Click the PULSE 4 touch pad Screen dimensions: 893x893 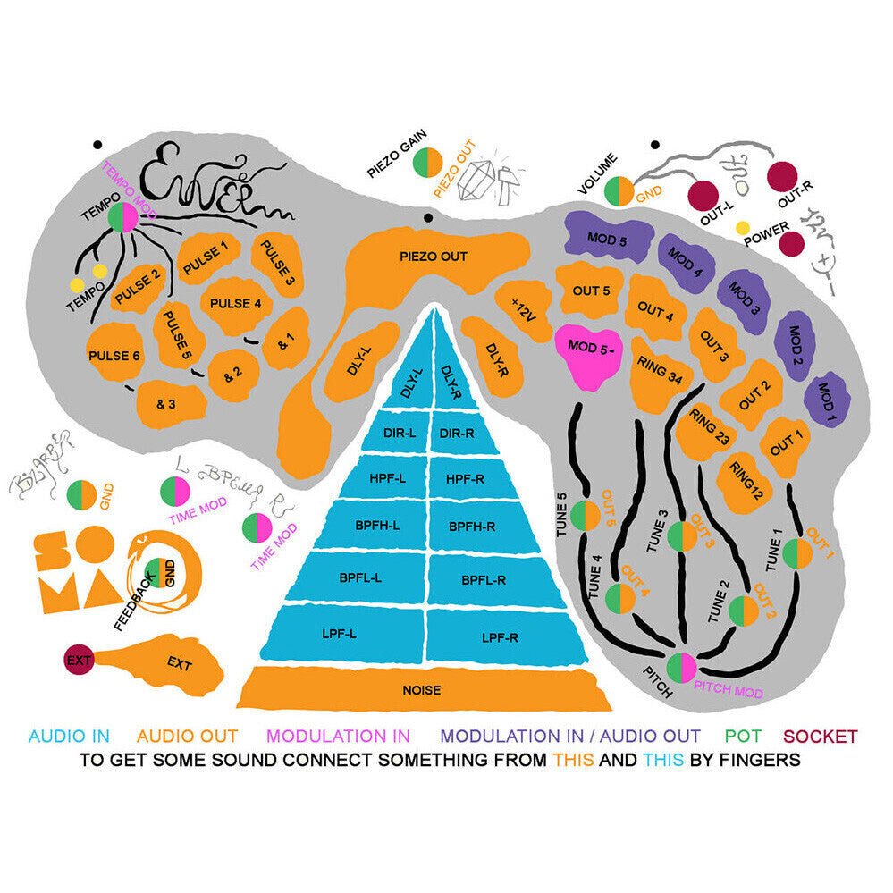[x=236, y=303]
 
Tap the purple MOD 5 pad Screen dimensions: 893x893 [x=607, y=238]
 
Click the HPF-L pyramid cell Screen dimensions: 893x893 [x=387, y=478]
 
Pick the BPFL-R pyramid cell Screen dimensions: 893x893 [x=484, y=579]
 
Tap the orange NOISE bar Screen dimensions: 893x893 [x=420, y=689]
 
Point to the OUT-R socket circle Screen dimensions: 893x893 [x=783, y=176]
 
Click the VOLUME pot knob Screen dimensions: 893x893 [x=619, y=190]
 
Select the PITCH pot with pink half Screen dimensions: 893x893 [x=680, y=667]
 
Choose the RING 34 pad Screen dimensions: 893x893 [x=661, y=375]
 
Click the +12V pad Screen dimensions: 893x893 [x=523, y=308]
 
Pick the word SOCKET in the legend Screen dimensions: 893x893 [x=820, y=737]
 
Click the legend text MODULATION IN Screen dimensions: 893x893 [x=339, y=737]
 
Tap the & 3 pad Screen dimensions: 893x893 [x=167, y=403]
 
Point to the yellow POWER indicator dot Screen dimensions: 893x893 [x=742, y=228]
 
